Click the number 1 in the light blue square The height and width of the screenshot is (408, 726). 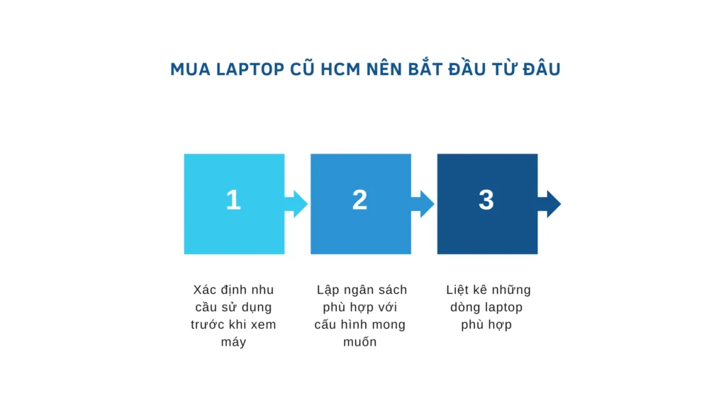[x=233, y=200]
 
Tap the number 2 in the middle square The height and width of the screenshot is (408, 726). [x=359, y=200]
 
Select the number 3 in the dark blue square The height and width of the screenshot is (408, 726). [x=486, y=200]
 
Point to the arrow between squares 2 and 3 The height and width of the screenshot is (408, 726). [x=423, y=204]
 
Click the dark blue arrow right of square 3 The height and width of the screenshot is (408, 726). [x=549, y=204]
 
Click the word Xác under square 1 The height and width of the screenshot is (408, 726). [x=206, y=290]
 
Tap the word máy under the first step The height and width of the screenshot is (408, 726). [x=233, y=343]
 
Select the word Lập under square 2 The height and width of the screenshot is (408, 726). [x=328, y=290]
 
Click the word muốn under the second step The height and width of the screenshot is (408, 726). [x=359, y=343]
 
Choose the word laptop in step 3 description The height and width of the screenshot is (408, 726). [x=503, y=307]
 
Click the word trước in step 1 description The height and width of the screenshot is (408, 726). [x=207, y=325]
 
